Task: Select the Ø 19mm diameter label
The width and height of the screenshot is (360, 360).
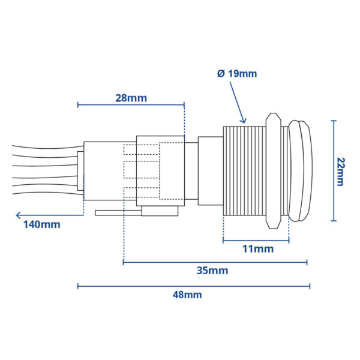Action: click(236, 73)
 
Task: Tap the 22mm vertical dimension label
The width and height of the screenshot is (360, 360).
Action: click(340, 171)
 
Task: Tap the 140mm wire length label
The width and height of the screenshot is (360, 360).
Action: click(41, 225)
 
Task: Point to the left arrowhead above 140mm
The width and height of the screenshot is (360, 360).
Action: click(18, 214)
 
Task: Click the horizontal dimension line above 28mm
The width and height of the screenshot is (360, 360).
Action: click(131, 106)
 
